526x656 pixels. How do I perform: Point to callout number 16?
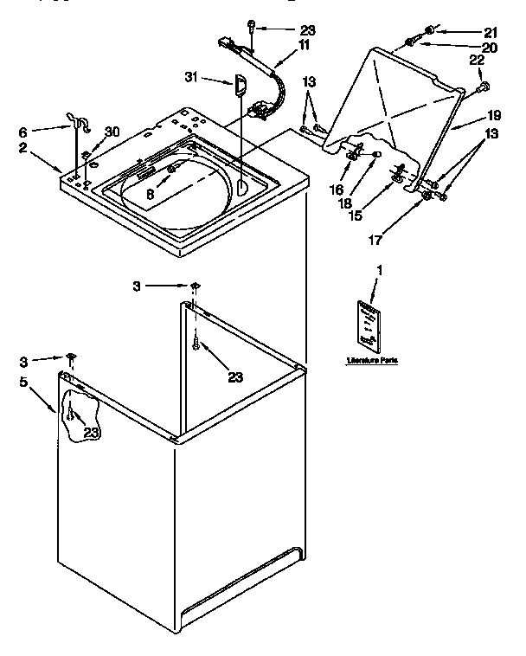point(337,189)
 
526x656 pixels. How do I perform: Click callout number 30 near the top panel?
point(112,132)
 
